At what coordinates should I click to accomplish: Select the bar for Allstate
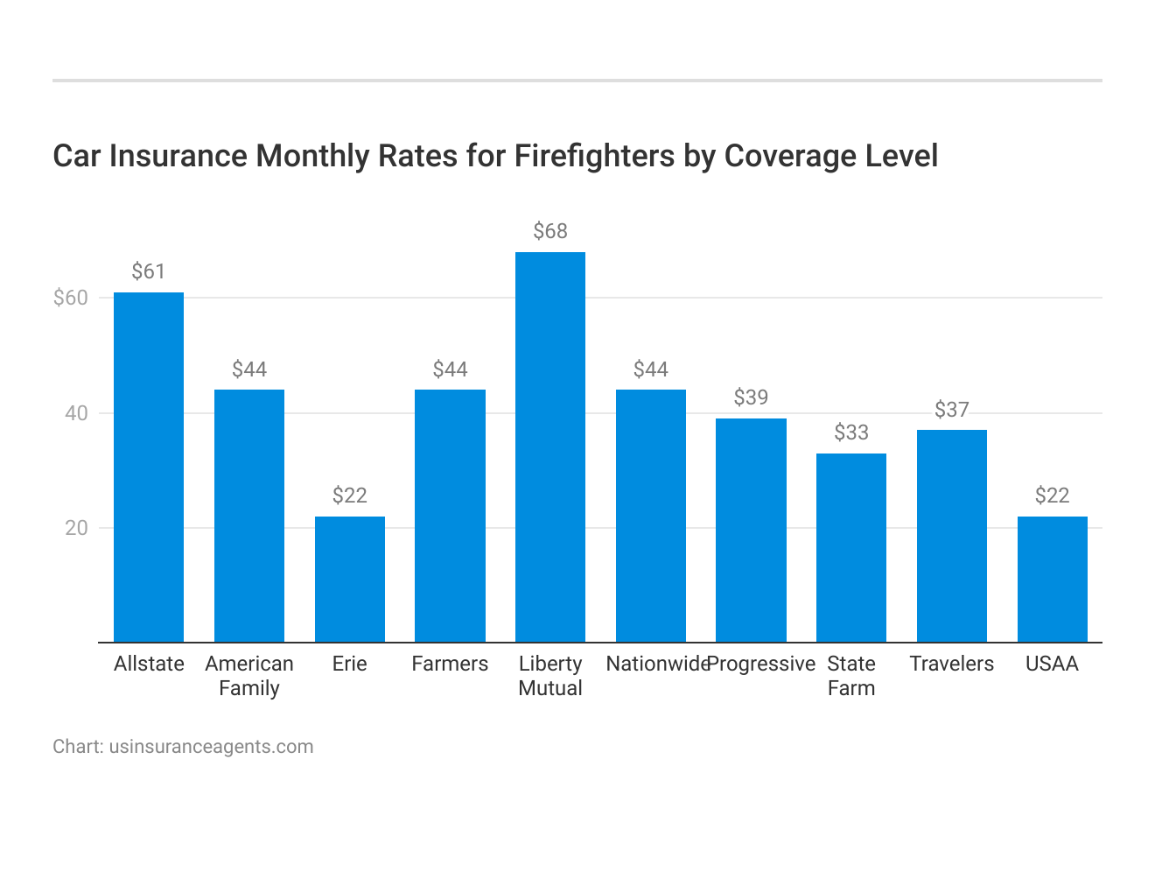(x=149, y=468)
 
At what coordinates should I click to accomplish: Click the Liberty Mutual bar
(x=550, y=447)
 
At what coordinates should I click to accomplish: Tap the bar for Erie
(x=350, y=580)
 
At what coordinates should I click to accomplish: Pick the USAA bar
(x=1052, y=580)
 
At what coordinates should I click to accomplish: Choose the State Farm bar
(x=851, y=548)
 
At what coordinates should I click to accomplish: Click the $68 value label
(x=550, y=231)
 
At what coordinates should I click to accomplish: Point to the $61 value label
(x=149, y=271)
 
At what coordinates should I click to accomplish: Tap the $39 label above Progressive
(x=751, y=397)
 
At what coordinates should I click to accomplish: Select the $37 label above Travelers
(x=952, y=409)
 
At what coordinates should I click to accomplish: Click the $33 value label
(x=851, y=432)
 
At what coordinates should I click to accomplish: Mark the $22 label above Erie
(x=350, y=496)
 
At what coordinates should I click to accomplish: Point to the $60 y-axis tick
(x=71, y=298)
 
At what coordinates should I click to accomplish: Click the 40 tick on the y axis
(x=77, y=413)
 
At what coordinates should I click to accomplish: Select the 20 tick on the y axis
(x=77, y=528)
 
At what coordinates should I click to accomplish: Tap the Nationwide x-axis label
(x=656, y=664)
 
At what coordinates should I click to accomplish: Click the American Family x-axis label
(x=249, y=676)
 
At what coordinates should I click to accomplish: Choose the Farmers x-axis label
(x=450, y=664)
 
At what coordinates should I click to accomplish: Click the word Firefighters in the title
(x=594, y=156)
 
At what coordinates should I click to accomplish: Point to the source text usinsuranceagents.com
(x=211, y=747)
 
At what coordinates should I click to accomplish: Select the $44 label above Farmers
(x=450, y=369)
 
